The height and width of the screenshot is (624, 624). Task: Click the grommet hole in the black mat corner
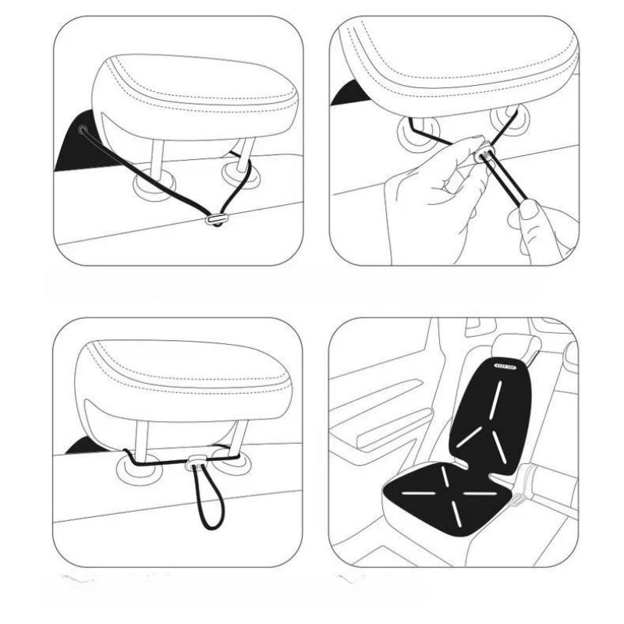[x=82, y=129]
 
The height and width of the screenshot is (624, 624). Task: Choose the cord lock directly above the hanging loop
[x=192, y=467]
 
